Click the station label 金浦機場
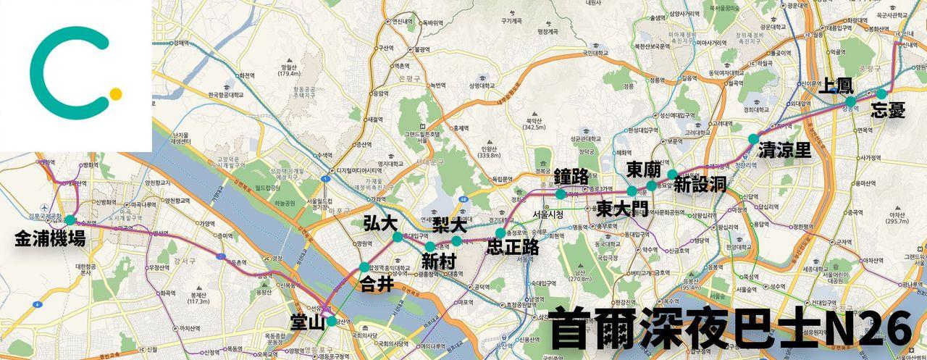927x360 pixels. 50,238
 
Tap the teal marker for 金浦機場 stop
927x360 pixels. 70,220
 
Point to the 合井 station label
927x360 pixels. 377,284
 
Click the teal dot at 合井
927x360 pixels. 364,267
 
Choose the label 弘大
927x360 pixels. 380,222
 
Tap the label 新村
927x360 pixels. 439,261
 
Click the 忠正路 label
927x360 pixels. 513,247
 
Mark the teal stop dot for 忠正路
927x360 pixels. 500,233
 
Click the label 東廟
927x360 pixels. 644,170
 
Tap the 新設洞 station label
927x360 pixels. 700,185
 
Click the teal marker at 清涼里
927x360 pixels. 753,138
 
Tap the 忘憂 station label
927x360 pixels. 888,110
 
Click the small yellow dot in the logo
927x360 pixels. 115,93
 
